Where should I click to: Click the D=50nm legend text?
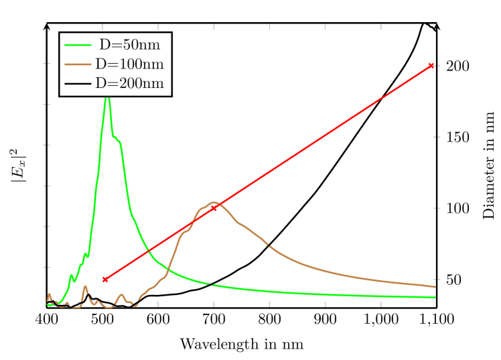[131, 46]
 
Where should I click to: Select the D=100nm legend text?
[129, 64]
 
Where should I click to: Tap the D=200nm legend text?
[129, 84]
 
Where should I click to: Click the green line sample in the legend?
[78, 45]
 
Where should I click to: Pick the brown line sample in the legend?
[78, 64]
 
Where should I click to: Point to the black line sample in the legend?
[78, 84]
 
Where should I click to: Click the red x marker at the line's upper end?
[431, 66]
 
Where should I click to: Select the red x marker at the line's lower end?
[105, 280]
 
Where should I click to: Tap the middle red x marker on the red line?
[214, 208]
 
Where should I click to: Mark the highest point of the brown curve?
[213, 202]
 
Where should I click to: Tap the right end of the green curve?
[435, 297]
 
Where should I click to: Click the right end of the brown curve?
[435, 287]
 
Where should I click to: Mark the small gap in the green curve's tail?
[210, 284]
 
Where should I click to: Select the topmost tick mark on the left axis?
[47, 64]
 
